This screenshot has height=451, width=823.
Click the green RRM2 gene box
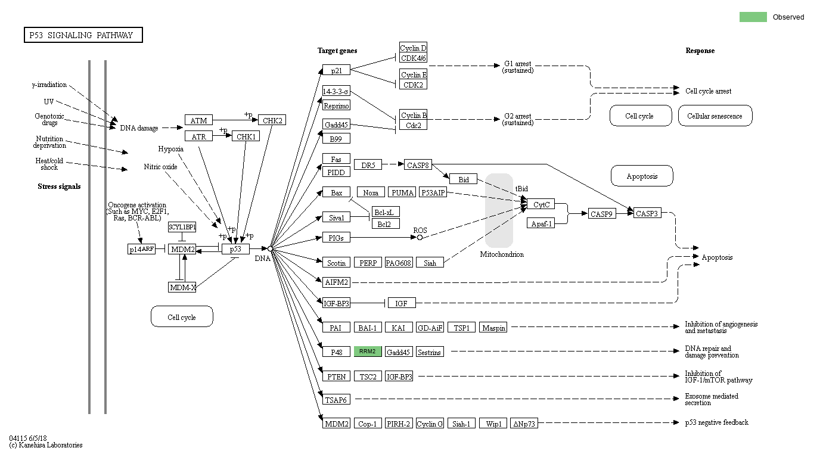tap(367, 352)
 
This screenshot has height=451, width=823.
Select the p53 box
tap(235, 249)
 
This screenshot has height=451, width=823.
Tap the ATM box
tap(198, 120)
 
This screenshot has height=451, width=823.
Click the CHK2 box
tap(272, 120)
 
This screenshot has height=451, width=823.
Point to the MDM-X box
tap(182, 287)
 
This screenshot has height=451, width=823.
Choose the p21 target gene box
tap(336, 70)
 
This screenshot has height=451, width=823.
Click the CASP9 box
tap(602, 213)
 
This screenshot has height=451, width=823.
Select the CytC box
tap(541, 204)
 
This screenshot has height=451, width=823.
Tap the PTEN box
tap(336, 376)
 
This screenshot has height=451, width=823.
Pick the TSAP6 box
tap(336, 399)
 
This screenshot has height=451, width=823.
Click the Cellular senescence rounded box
tap(715, 116)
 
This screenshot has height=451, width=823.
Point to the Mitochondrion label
tap(502, 254)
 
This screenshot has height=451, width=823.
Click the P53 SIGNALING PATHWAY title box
tap(83, 35)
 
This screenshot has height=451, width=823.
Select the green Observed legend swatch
tap(753, 17)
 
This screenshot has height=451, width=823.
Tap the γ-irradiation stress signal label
tap(49, 85)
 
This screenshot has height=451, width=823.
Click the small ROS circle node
tap(420, 237)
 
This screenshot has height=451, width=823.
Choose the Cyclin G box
tap(430, 424)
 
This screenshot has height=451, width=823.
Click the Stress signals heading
tap(59, 186)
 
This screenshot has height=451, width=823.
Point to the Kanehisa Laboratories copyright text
tap(46, 445)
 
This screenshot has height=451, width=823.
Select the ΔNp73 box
tap(524, 424)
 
